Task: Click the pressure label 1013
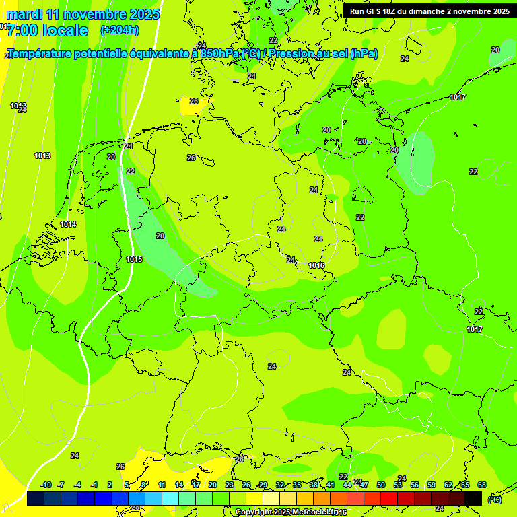tap(42, 156)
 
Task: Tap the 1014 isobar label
tap(68, 224)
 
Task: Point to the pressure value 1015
tap(134, 259)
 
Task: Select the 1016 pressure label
tap(317, 265)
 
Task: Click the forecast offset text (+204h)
tap(119, 30)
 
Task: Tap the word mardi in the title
tap(25, 14)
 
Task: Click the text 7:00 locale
tap(47, 30)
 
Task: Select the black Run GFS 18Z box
tap(429, 11)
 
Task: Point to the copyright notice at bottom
tap(291, 512)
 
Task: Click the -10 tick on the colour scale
tap(46, 485)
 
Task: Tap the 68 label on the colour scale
tap(482, 485)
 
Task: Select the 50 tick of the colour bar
tap(381, 485)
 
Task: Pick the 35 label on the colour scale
tap(297, 485)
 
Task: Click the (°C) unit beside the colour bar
tap(494, 499)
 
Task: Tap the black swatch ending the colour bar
tap(473, 498)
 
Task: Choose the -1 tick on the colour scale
tap(94, 485)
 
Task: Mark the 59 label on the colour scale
tap(432, 485)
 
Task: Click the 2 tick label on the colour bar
tap(110, 485)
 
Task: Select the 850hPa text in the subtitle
tap(221, 54)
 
